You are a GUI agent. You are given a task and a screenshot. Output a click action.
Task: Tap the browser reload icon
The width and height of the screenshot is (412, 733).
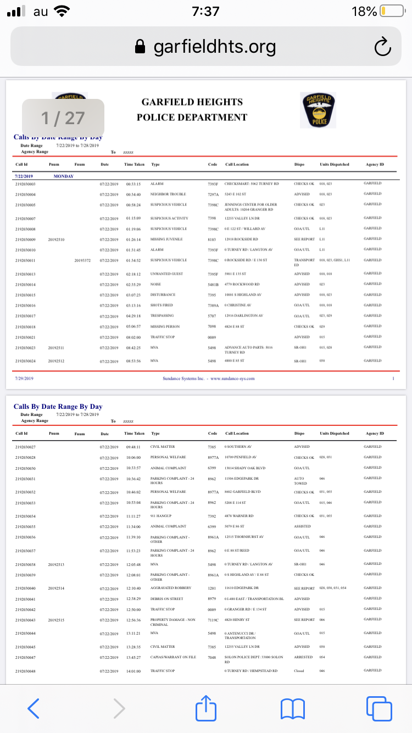pyautogui.click(x=382, y=47)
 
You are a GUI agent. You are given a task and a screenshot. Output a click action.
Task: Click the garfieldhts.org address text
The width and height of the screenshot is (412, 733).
pyautogui.click(x=214, y=47)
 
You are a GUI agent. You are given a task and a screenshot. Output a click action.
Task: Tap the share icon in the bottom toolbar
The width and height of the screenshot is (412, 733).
pyautogui.click(x=206, y=708)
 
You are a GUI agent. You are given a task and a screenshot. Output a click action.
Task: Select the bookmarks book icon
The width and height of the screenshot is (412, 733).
pyautogui.click(x=292, y=708)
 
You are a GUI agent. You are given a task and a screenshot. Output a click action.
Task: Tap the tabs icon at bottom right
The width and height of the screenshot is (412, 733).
pyautogui.click(x=378, y=708)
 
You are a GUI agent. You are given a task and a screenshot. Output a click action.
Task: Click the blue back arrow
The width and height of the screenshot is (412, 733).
pyautogui.click(x=33, y=708)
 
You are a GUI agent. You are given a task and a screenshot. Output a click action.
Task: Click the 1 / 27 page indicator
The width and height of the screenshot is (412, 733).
pyautogui.click(x=63, y=118)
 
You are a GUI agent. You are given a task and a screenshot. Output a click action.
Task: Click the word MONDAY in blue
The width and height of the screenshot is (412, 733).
pyautogui.click(x=64, y=176)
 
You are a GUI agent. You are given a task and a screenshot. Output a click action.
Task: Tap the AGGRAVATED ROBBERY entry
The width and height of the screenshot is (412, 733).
pyautogui.click(x=171, y=588)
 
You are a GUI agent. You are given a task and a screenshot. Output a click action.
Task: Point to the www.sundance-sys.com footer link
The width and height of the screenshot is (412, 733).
pyautogui.click(x=232, y=378)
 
